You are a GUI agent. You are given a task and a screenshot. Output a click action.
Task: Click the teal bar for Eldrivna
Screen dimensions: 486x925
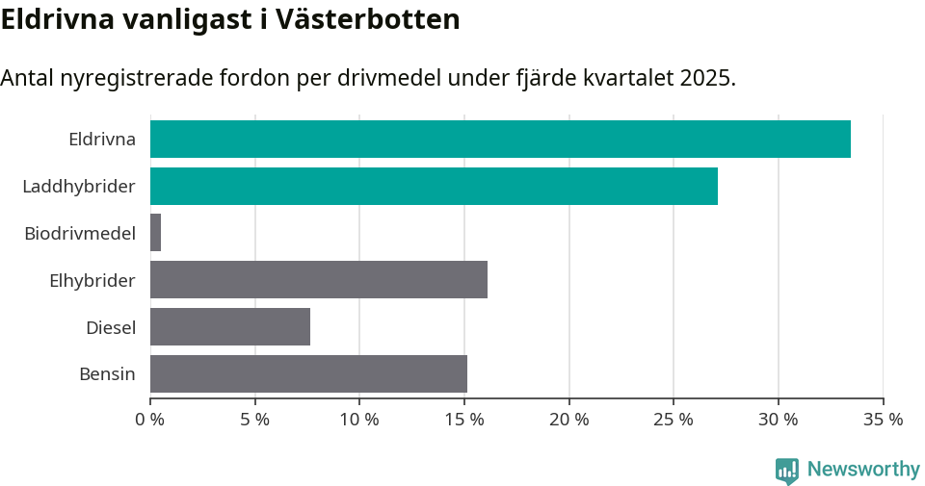[x=500, y=139]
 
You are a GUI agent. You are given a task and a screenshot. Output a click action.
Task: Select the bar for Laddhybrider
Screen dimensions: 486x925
[x=434, y=186]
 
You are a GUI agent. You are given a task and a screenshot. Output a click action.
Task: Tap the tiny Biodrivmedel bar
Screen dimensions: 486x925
[x=155, y=233]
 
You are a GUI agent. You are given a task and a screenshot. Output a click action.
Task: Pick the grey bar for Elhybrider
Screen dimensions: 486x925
[x=319, y=280]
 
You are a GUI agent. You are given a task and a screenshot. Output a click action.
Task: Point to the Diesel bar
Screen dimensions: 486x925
[x=230, y=327]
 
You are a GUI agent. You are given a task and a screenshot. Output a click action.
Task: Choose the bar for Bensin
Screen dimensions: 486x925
[x=308, y=374]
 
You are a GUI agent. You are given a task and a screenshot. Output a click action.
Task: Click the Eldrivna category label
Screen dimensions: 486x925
[x=102, y=139]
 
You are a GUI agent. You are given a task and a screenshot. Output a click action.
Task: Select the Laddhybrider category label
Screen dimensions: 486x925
[x=79, y=186]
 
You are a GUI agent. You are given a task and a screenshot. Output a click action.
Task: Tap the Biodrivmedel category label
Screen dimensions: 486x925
[x=80, y=233]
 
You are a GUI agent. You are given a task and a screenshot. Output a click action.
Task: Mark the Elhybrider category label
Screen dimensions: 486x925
[x=92, y=280]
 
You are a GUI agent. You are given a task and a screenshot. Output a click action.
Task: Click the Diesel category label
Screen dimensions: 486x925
[x=111, y=327]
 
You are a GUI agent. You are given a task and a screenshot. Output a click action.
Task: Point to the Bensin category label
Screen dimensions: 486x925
[x=107, y=374]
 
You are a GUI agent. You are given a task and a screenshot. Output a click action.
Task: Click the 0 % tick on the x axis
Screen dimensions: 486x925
[x=150, y=420]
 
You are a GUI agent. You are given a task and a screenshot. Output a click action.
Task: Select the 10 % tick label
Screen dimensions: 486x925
[x=359, y=420]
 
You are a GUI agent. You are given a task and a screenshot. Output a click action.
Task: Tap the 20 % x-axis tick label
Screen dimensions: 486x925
[x=569, y=420]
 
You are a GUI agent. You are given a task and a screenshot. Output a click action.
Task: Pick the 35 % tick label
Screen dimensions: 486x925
[x=883, y=420]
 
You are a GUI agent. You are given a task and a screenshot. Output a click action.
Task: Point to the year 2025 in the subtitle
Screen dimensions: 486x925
[x=705, y=78]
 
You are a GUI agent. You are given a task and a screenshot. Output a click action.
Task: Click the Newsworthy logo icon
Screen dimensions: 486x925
[x=787, y=470]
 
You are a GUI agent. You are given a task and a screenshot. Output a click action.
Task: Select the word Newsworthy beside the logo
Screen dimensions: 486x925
[x=863, y=470]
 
